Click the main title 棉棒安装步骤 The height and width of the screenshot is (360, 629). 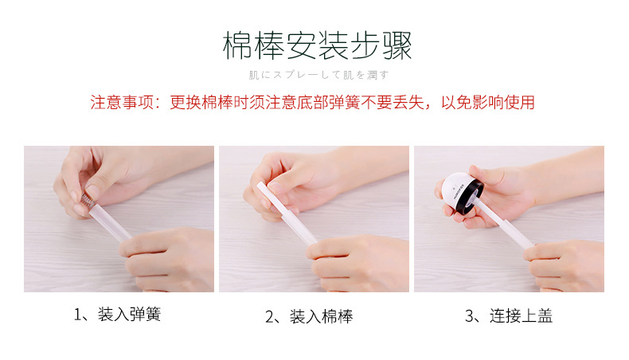[317, 46]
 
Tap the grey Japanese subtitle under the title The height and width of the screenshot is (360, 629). [318, 75]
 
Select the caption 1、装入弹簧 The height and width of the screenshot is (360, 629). [118, 315]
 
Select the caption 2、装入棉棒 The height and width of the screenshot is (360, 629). [309, 316]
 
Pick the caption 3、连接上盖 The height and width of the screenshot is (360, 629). [508, 316]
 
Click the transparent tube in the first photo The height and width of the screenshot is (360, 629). [115, 223]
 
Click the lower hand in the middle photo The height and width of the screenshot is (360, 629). [362, 259]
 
